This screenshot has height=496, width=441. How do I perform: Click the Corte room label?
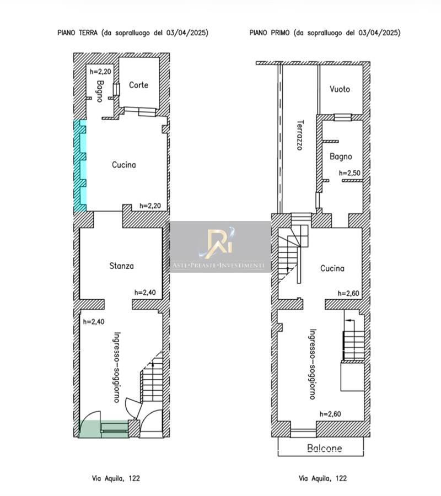[x=138, y=85]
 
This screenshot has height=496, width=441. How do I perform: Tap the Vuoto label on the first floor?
[x=340, y=89]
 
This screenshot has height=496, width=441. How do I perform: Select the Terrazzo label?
[x=300, y=135]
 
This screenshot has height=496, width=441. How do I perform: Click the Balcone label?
[x=325, y=448]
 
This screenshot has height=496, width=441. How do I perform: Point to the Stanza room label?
[x=121, y=266]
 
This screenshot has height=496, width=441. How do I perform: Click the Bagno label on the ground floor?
[x=100, y=91]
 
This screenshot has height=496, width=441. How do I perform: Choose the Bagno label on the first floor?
[x=341, y=157]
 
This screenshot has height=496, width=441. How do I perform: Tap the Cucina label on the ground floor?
[x=123, y=164]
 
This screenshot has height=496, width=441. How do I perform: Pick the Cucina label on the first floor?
[x=332, y=268]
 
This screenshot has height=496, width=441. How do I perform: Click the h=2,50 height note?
[x=349, y=173]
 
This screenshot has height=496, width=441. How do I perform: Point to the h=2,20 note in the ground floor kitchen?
[x=150, y=206]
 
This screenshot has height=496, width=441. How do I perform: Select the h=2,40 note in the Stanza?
[x=145, y=293]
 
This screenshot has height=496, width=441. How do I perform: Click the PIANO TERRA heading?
[x=78, y=33]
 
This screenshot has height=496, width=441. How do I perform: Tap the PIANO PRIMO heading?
[x=270, y=33]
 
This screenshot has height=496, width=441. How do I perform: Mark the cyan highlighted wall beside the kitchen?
[x=80, y=166]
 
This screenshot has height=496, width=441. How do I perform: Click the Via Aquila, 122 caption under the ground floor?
[x=116, y=478]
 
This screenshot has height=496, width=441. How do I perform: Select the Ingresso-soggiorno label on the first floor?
[x=313, y=364]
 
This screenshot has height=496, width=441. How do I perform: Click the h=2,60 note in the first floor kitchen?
[x=348, y=293]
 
